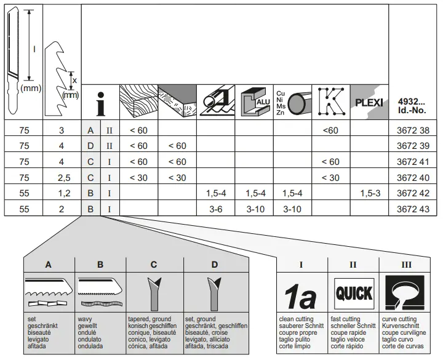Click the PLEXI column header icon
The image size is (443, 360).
369,102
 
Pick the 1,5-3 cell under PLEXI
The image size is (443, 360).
369,193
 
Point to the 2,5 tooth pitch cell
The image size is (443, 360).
62,178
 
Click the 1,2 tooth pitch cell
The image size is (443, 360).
62,193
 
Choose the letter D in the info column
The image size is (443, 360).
90,146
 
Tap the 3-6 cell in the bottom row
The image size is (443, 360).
215,209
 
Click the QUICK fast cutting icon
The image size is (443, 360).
353,292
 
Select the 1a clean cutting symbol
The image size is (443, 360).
301,295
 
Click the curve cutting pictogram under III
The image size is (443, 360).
405,293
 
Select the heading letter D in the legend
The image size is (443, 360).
215,265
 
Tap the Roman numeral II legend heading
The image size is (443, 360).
353,265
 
